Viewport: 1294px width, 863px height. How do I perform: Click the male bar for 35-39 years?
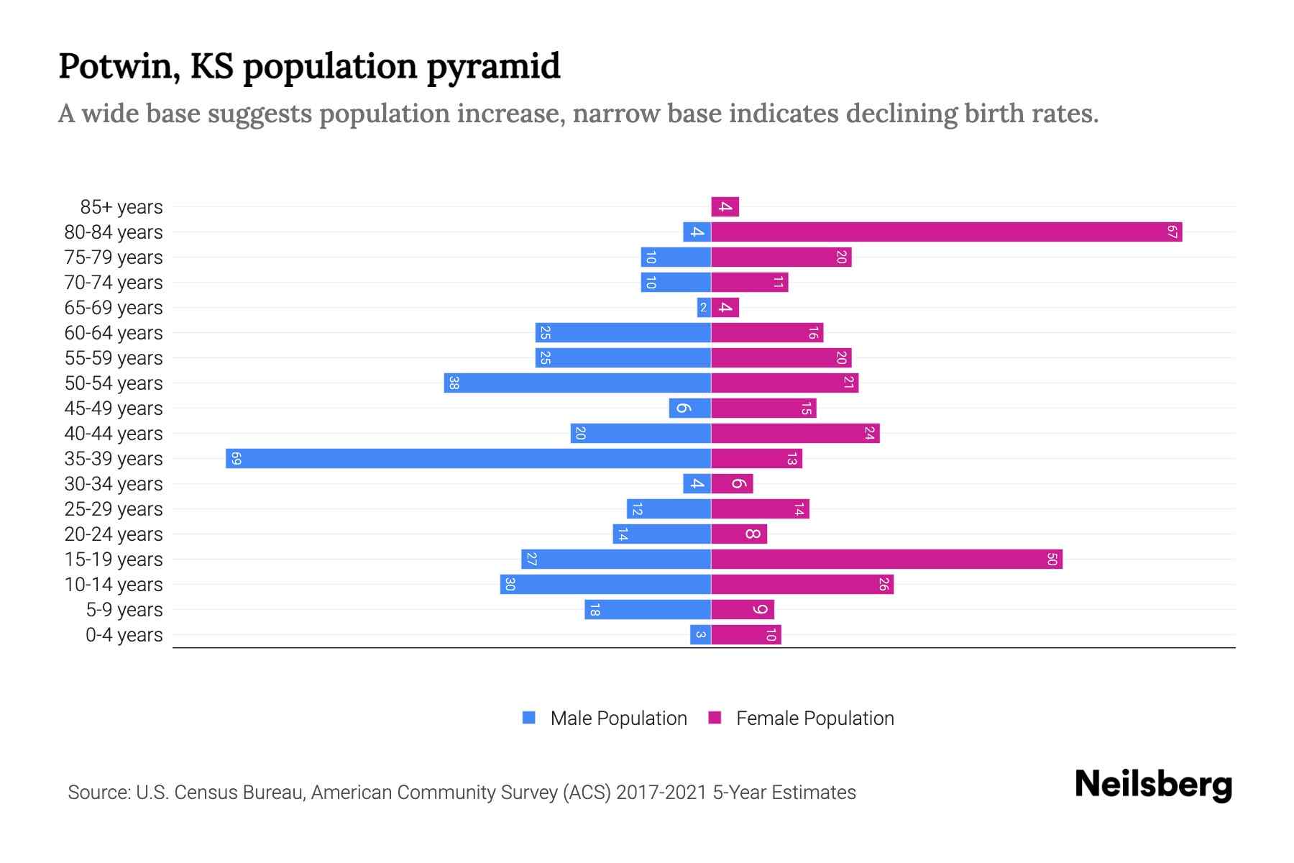[467, 459]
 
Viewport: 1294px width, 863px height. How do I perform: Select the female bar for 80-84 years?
[946, 232]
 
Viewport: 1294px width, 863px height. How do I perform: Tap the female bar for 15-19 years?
[886, 560]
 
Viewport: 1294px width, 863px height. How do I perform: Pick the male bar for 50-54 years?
[577, 383]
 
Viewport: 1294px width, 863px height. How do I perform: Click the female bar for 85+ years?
[725, 207]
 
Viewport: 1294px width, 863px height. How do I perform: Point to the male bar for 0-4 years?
[700, 635]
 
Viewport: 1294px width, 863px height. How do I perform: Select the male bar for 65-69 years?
[704, 308]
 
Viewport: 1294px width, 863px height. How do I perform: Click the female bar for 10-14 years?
[802, 585]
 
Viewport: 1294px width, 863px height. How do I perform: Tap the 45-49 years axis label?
[114, 408]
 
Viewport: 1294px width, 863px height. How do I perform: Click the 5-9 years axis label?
[124, 610]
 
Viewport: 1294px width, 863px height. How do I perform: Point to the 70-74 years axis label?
[114, 283]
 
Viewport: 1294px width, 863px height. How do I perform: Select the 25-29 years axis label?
[114, 509]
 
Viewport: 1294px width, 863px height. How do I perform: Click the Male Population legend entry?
[618, 718]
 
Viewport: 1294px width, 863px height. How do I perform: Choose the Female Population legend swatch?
[715, 718]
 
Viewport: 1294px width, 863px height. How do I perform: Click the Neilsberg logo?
[1153, 785]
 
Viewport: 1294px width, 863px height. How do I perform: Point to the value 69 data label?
[237, 459]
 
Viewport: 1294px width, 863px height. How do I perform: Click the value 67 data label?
[1172, 232]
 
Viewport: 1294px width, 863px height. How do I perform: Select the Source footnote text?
[462, 793]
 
